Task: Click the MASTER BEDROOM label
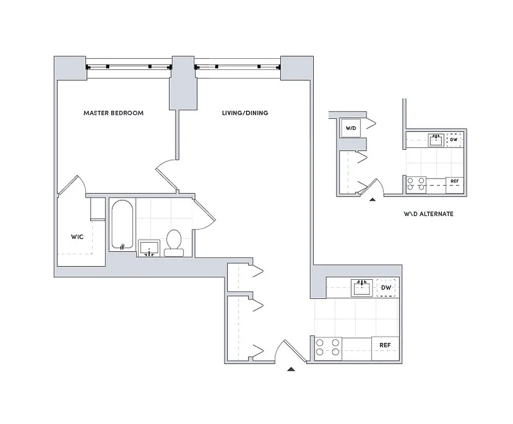coord(113,113)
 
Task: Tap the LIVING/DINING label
coord(244,113)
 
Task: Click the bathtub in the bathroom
coord(123,225)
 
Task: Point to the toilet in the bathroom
coord(173,243)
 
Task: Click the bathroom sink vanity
coord(150,248)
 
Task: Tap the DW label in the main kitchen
coord(386,288)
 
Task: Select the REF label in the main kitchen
coord(385,345)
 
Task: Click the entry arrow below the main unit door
coord(291,369)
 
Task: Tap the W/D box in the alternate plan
coord(350,128)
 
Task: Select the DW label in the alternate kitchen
coord(454,140)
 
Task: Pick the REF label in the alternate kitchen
coord(454,182)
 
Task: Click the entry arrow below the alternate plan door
coord(372,200)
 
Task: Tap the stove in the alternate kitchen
coord(415,183)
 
